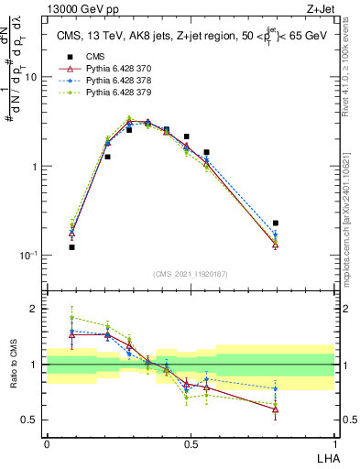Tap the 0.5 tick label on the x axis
tap(190, 442)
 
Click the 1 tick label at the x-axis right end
tap(334, 442)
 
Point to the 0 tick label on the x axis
tap(47, 442)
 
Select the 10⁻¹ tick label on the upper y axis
tap(28, 256)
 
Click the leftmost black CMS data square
tap(72, 247)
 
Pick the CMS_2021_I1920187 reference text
tap(190, 274)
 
